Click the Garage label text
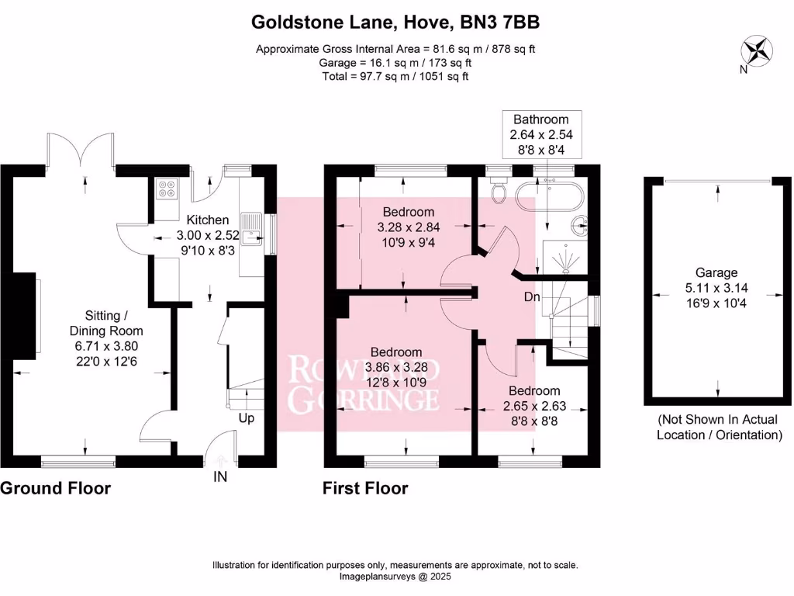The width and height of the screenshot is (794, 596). click(716, 272)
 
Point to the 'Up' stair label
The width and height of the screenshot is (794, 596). click(246, 418)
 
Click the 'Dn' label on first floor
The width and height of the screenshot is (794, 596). click(530, 296)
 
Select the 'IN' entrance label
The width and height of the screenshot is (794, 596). click(220, 477)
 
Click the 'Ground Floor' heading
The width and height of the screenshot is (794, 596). click(55, 488)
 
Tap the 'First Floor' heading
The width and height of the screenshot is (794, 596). click(365, 488)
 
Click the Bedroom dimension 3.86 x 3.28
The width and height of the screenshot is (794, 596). click(396, 366)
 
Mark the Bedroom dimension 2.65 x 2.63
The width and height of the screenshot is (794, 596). click(533, 405)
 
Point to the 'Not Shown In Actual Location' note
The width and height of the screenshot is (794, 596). click(719, 427)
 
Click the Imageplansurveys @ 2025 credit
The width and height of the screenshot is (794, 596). click(395, 577)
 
